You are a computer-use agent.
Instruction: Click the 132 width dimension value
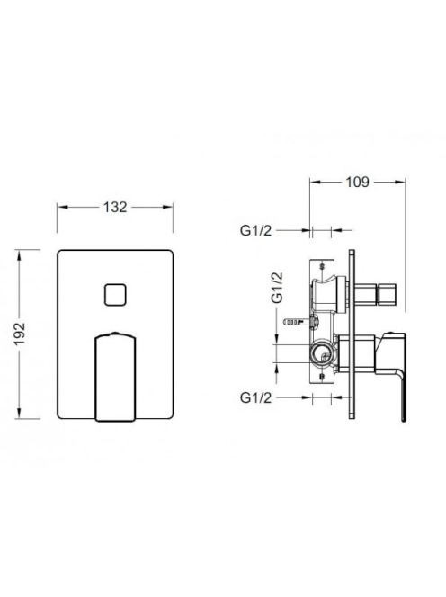coord(115,207)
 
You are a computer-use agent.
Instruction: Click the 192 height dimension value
coord(20,334)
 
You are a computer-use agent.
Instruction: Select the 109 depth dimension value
coord(357,182)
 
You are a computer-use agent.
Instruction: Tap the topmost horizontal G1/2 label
coord(256,231)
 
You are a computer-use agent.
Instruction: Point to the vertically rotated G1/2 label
coord(277,288)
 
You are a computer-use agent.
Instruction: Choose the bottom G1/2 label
coord(256,397)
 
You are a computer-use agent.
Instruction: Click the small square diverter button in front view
coord(115,294)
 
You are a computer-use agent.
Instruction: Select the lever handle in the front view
coord(115,377)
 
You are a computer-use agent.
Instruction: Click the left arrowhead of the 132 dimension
coord(62,207)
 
